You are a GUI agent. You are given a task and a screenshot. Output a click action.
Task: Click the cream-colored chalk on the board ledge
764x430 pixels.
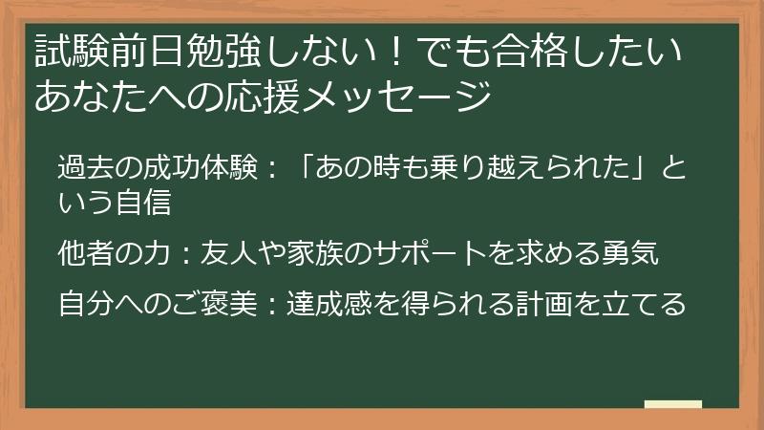coord(673,405)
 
